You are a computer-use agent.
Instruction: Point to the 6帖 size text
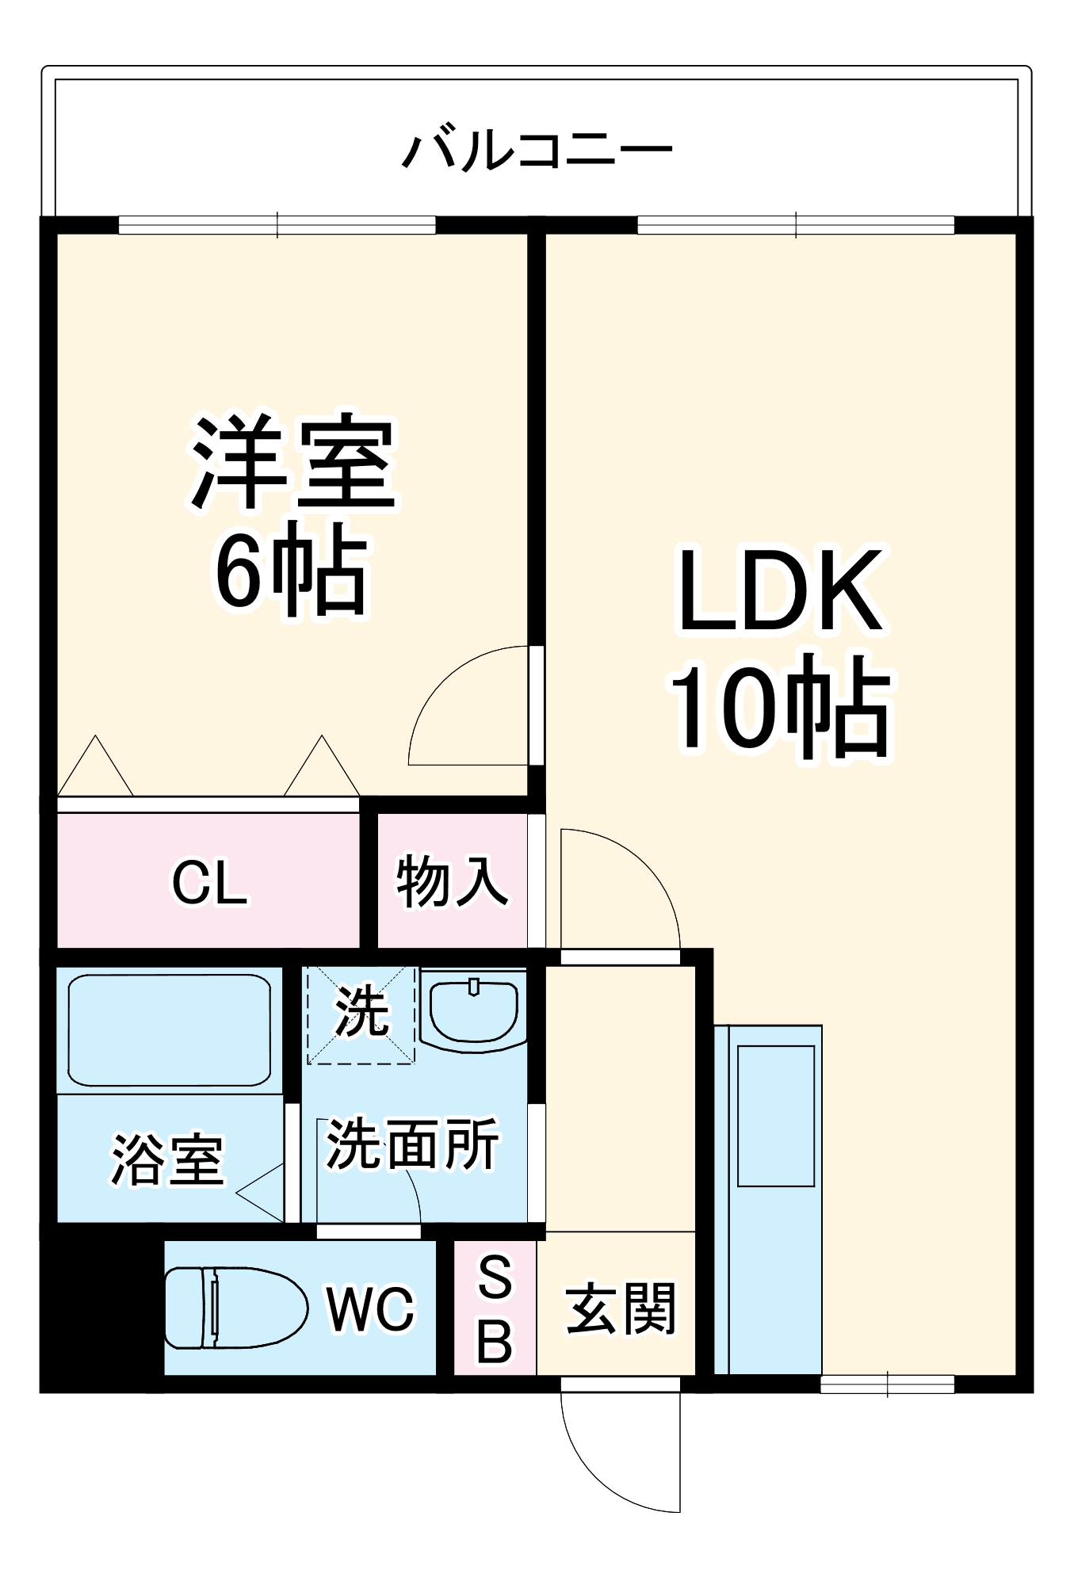pyautogui.click(x=292, y=569)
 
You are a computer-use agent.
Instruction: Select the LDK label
pyautogui.click(x=780, y=590)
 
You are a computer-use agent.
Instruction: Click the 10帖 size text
pyautogui.click(x=781, y=705)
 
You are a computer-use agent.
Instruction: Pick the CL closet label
pyautogui.click(x=210, y=883)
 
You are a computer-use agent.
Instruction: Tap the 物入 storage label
pyautogui.click(x=452, y=880)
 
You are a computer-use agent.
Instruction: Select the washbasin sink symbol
pyautogui.click(x=473, y=1010)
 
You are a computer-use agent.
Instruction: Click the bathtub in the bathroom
pyautogui.click(x=170, y=1029)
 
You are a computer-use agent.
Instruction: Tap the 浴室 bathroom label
pyautogui.click(x=168, y=1160)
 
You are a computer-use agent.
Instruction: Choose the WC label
pyautogui.click(x=370, y=1309)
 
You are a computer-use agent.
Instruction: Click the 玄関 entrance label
pyautogui.click(x=621, y=1309)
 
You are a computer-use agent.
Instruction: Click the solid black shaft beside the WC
pyautogui.click(x=102, y=1308)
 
